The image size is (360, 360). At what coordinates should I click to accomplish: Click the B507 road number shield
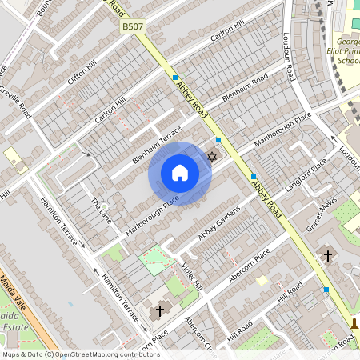pyautogui.click(x=133, y=27)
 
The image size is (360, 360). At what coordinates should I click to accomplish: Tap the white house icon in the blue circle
pyautogui.click(x=180, y=173)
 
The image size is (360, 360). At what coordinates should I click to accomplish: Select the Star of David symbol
pyautogui.click(x=212, y=156)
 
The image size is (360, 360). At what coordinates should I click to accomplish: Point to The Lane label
pyautogui.click(x=101, y=209)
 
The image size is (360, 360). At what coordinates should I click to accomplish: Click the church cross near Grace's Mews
pyautogui.click(x=327, y=256)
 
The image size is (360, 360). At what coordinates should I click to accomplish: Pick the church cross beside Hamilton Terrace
pyautogui.click(x=159, y=310)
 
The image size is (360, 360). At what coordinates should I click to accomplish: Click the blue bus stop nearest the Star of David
pyautogui.click(x=218, y=140)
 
